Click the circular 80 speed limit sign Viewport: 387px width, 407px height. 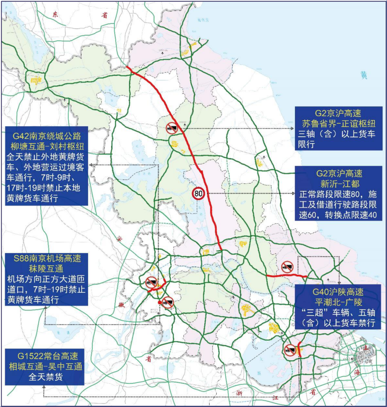tap(198, 193)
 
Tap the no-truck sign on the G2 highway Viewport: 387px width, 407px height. tap(171, 128)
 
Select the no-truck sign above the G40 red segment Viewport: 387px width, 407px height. tap(287, 266)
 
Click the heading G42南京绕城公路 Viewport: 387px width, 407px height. tap(47, 136)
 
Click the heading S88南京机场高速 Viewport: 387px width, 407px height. tap(47, 258)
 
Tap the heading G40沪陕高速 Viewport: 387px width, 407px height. tap(338, 292)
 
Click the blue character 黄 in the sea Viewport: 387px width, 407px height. tap(364, 75)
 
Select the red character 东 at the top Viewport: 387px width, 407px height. tap(55, 14)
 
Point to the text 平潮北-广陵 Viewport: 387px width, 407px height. tap(338, 302)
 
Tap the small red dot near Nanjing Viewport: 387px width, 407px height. tap(159, 303)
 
